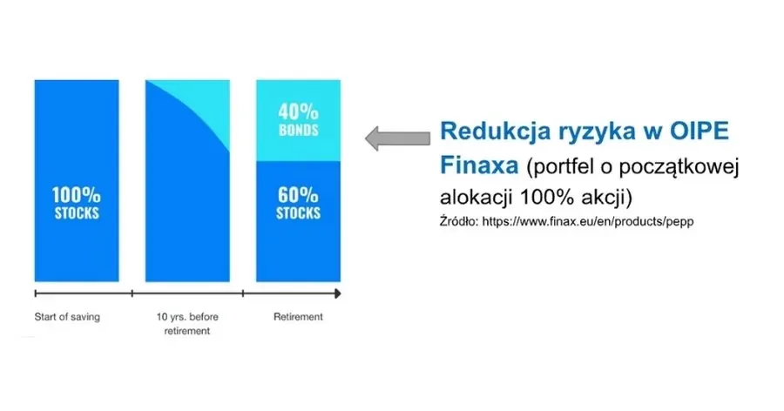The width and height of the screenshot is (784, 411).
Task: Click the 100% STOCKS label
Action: pos(77,205)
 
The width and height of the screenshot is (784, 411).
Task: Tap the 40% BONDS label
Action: pos(298,120)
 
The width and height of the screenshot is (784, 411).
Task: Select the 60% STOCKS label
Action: pos(298,203)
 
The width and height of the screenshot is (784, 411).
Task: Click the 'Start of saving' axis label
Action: pos(67,317)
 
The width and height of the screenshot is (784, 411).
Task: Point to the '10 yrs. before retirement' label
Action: pos(186,323)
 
